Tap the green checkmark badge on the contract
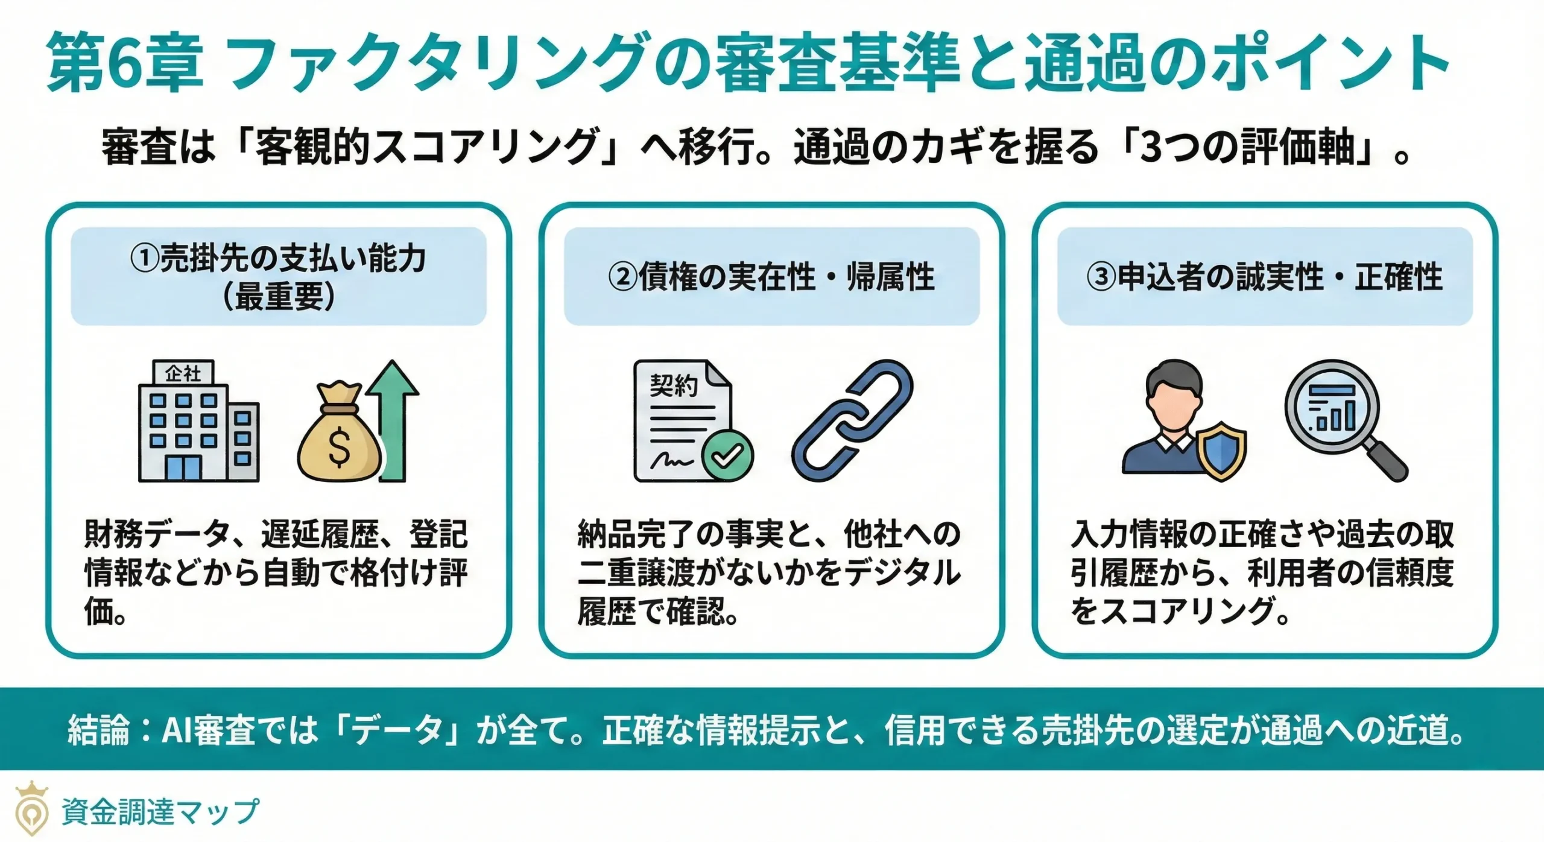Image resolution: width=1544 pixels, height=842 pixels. coord(728,455)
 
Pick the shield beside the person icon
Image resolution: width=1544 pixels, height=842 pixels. coord(1221,449)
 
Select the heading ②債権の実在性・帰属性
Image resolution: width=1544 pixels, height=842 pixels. coord(771,277)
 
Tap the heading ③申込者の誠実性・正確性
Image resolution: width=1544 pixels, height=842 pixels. coord(1264,277)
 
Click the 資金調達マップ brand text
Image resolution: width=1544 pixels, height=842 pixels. coord(160,811)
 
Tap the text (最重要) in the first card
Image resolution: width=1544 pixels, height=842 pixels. coord(279,297)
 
